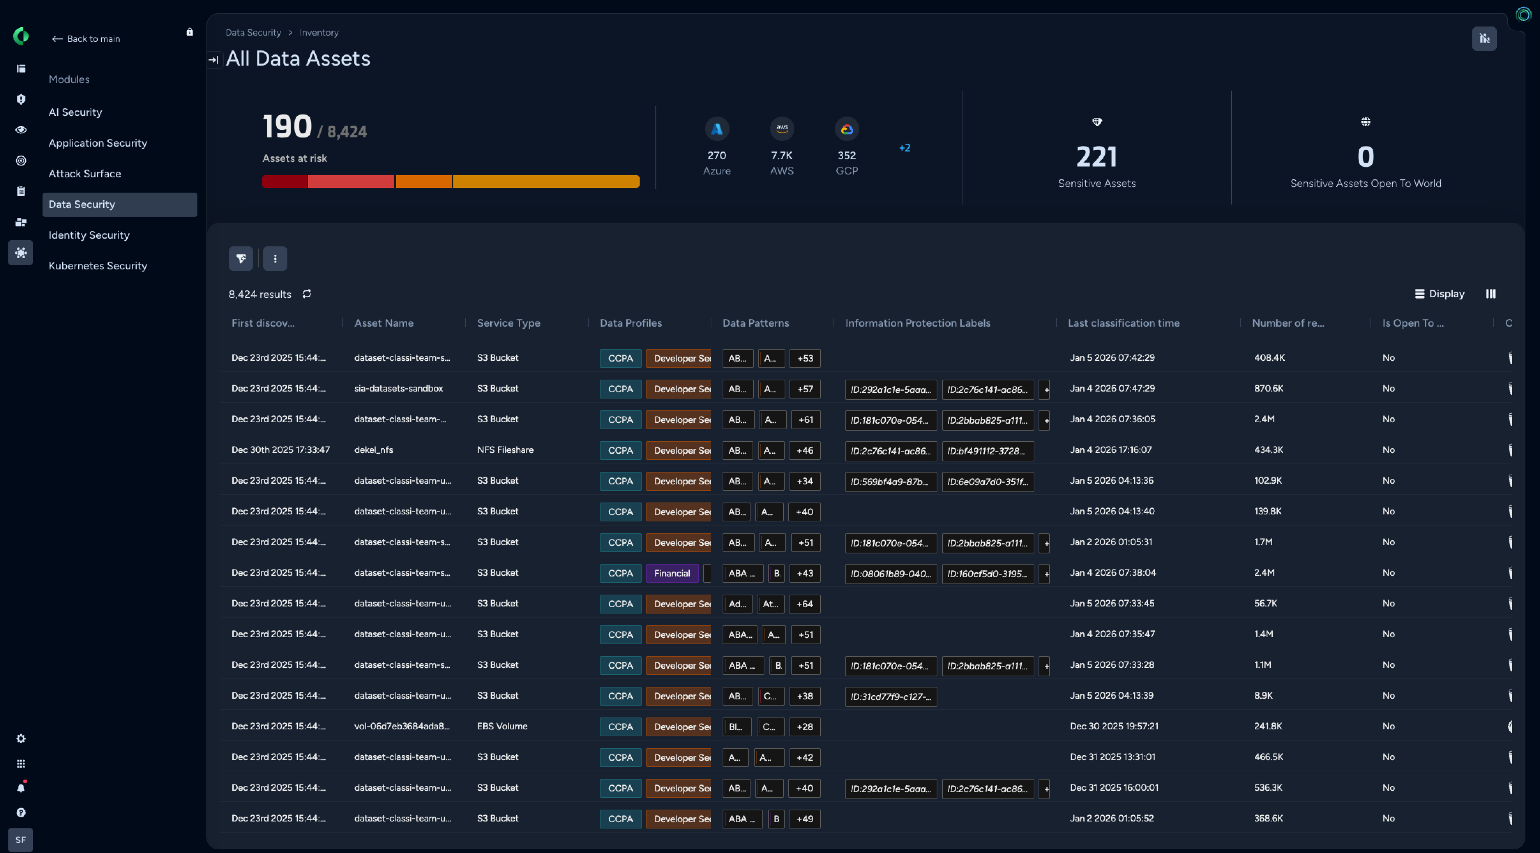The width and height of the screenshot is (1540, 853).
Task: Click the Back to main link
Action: click(x=87, y=39)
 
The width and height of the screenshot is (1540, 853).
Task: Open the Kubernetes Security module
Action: click(x=97, y=265)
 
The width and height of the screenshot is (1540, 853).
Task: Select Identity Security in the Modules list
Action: click(x=89, y=235)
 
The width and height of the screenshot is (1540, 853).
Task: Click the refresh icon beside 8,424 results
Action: click(x=307, y=294)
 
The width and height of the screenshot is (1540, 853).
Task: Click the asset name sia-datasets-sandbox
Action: click(x=398, y=388)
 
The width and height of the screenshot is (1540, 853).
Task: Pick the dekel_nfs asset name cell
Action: click(x=374, y=450)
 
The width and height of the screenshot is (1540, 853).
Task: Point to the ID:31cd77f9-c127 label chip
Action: click(x=890, y=696)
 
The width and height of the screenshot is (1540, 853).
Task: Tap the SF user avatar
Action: click(x=20, y=839)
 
